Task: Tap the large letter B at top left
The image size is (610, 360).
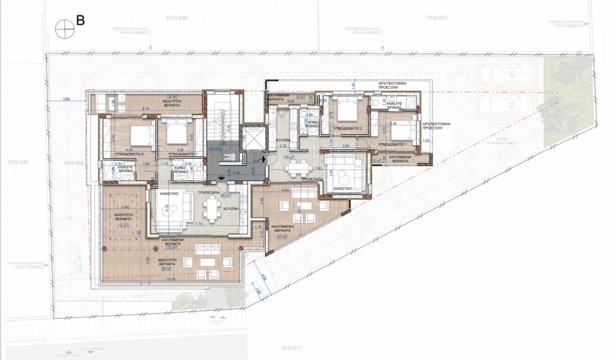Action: [x=81, y=21]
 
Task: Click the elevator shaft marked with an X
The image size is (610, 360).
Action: [x=252, y=136]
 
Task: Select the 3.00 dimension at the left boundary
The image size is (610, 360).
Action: [x=66, y=100]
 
